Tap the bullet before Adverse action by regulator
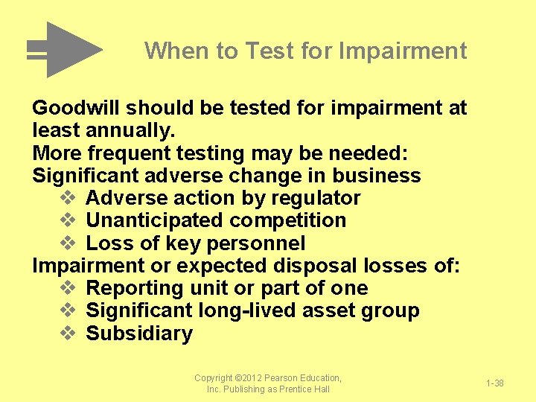coord(66,199)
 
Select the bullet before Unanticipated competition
coord(66,221)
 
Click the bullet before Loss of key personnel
coord(66,243)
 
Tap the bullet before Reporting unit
coord(66,288)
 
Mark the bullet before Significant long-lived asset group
coord(66,310)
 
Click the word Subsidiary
coord(139,334)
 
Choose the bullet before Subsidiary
coord(66,334)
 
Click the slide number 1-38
coord(495,383)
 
